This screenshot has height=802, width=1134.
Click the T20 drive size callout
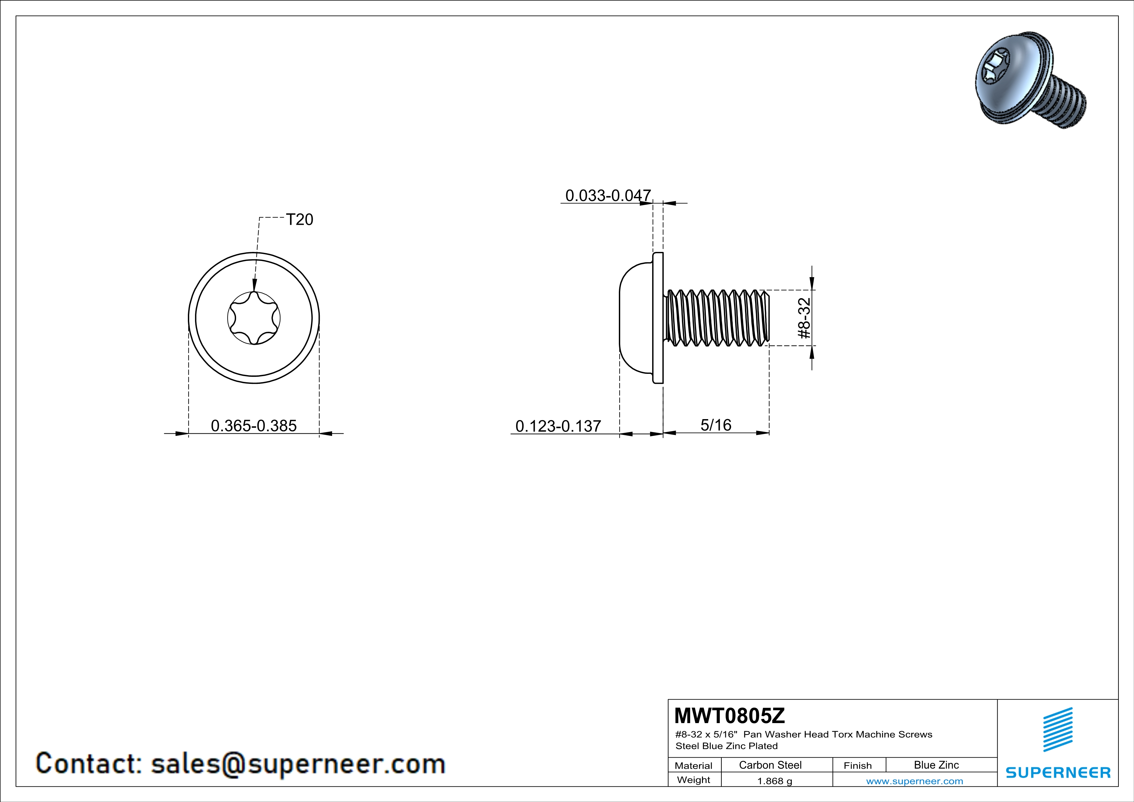(299, 219)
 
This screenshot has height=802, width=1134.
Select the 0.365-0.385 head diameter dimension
(254, 426)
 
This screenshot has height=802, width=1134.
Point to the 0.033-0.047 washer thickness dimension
(608, 196)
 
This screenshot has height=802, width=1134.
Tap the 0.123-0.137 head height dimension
(558, 426)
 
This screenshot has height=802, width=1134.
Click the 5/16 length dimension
(716, 425)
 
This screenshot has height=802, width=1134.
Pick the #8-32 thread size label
(805, 318)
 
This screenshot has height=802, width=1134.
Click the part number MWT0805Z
(729, 716)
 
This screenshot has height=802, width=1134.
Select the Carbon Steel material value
(770, 765)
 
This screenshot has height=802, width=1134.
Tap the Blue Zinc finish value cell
(936, 765)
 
